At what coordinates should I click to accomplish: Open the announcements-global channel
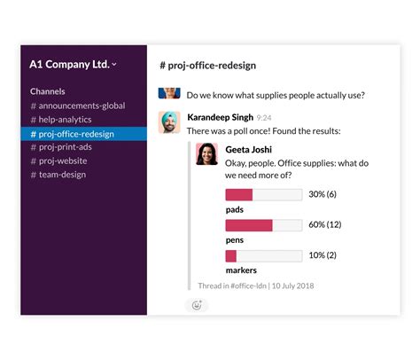(x=77, y=106)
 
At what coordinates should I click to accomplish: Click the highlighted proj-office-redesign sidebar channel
(x=77, y=134)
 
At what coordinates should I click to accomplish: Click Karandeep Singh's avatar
(x=169, y=122)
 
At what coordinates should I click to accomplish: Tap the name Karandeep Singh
(x=220, y=116)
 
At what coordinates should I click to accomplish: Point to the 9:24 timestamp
(x=264, y=117)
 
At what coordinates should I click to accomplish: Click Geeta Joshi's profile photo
(x=206, y=153)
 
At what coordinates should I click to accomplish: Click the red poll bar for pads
(x=239, y=194)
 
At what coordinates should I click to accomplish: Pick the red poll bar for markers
(x=231, y=256)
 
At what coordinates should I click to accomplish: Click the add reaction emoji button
(x=197, y=305)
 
